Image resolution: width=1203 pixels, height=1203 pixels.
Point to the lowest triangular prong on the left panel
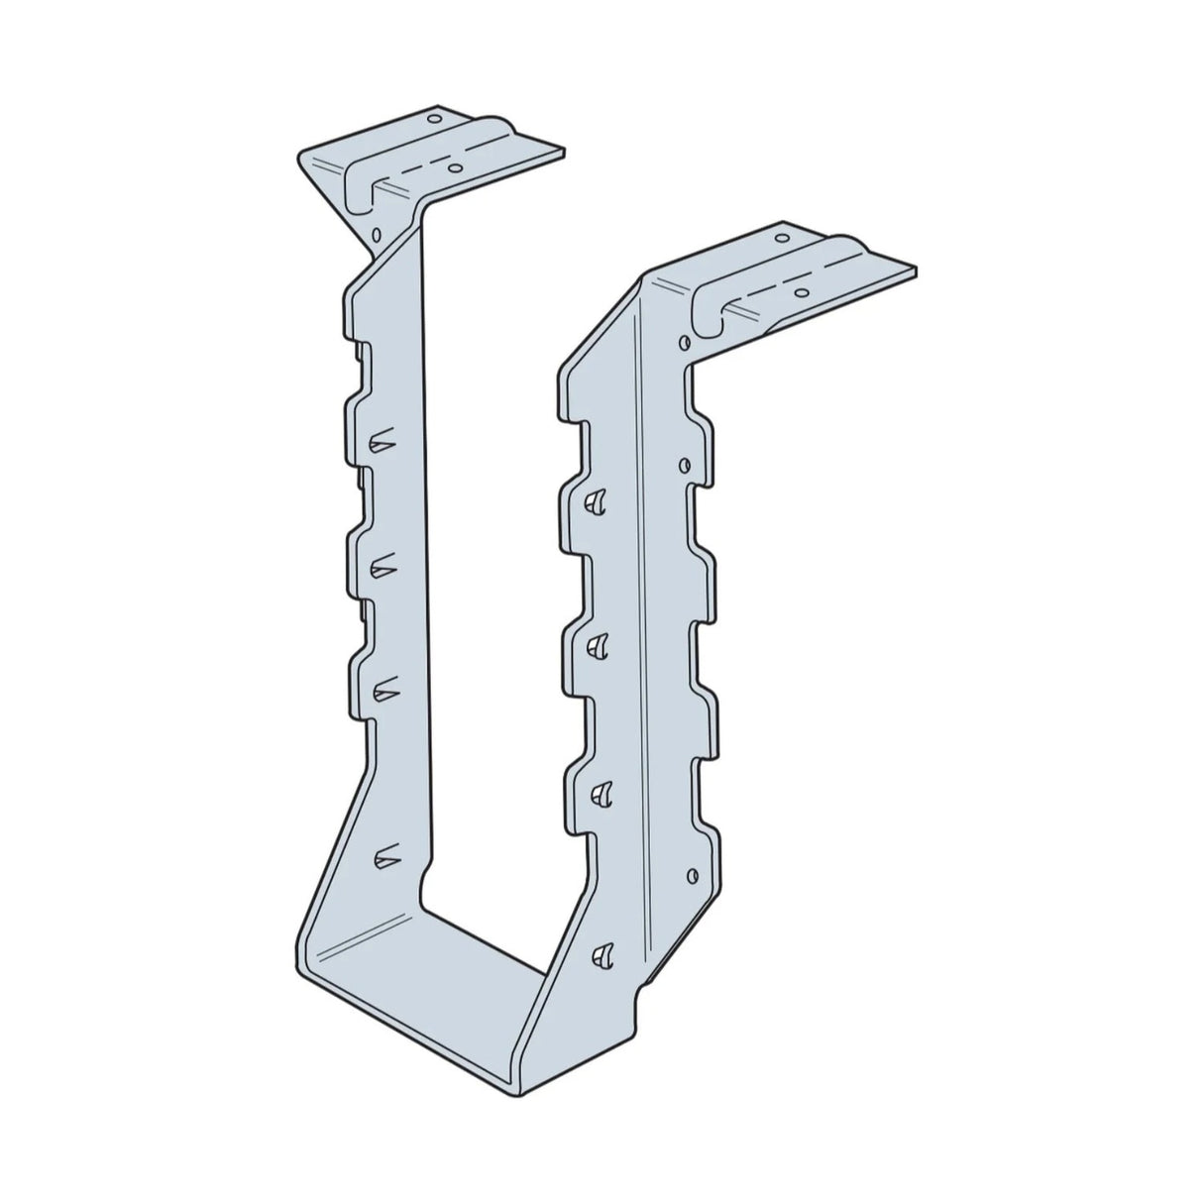click(383, 853)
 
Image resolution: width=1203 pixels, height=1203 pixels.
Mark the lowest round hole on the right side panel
click(691, 873)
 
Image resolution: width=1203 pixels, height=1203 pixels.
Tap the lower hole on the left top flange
click(454, 168)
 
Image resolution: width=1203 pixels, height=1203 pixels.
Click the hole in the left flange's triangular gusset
click(377, 235)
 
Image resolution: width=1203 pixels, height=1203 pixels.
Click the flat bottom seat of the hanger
click(426, 1001)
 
